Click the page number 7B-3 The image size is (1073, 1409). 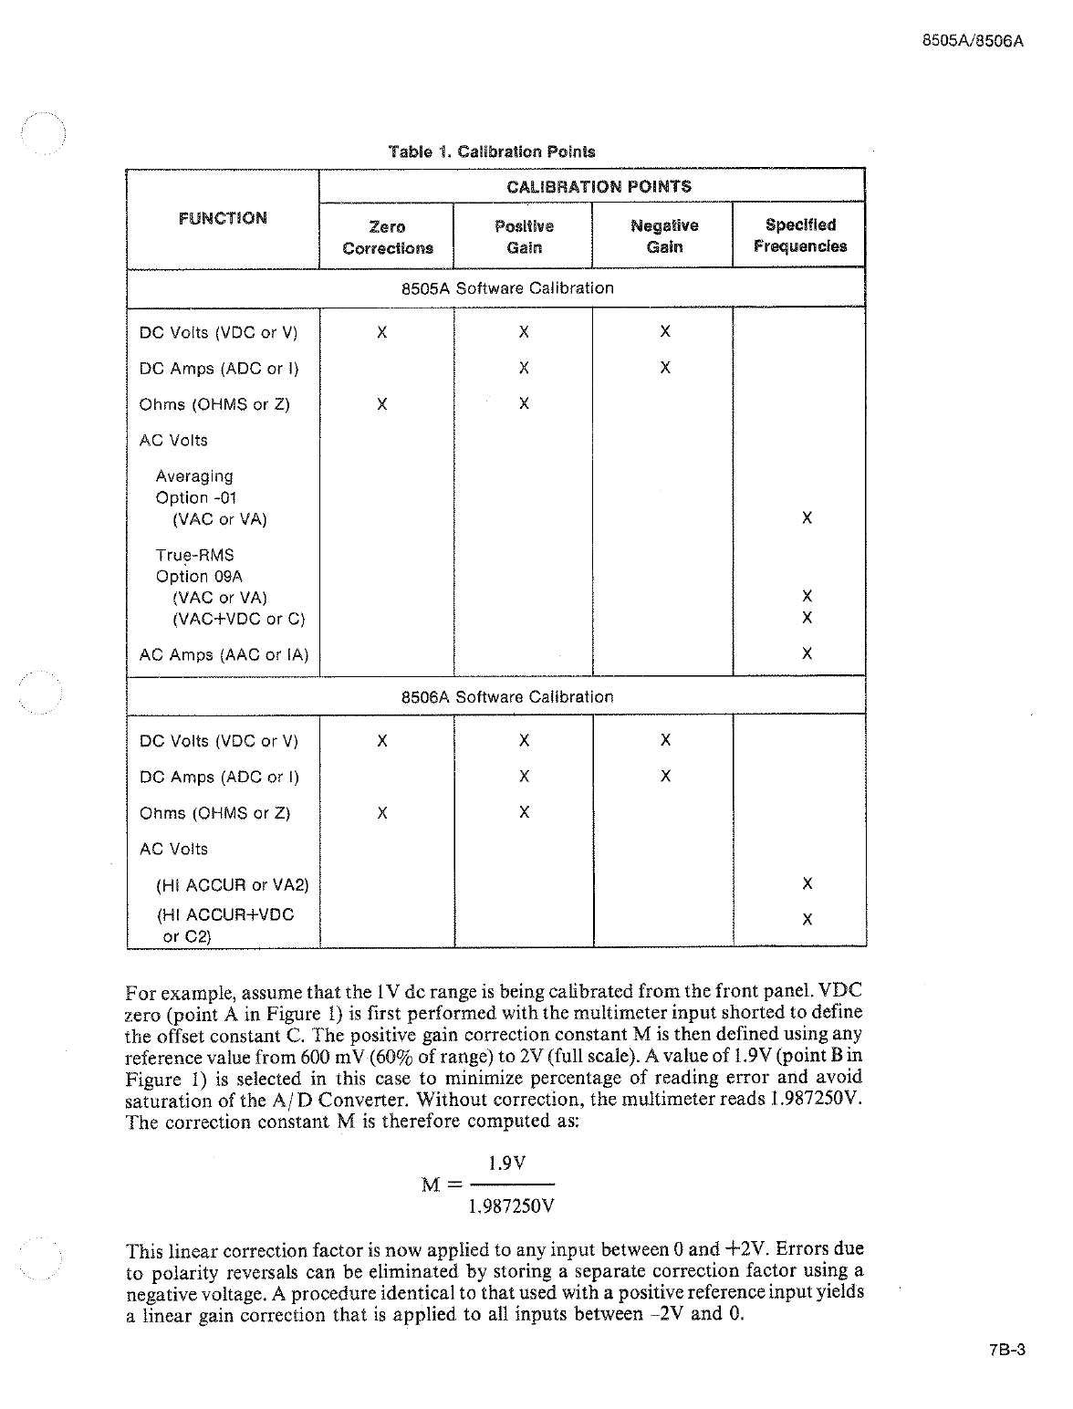tap(1007, 1351)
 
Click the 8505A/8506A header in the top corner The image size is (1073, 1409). tap(973, 42)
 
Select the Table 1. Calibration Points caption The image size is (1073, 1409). tap(491, 151)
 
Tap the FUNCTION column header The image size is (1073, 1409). tap(223, 218)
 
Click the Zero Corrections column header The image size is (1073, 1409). tap(388, 237)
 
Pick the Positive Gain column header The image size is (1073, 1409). tap(524, 237)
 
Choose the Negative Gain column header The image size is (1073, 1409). tap(664, 237)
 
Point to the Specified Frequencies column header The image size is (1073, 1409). tap(799, 235)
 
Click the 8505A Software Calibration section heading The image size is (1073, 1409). tap(507, 288)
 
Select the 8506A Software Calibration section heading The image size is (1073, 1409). tap(507, 697)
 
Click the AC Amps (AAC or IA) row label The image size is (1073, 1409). tap(224, 655)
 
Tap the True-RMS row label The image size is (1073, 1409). tap(194, 555)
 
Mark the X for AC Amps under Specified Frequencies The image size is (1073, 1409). tap(807, 653)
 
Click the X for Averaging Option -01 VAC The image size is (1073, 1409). tap(807, 517)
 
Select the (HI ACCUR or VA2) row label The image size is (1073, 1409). tap(233, 885)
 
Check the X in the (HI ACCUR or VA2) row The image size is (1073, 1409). tap(807, 883)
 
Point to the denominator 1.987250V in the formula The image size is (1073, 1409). tap(511, 1206)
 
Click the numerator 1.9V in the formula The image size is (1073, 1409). tap(507, 1164)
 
